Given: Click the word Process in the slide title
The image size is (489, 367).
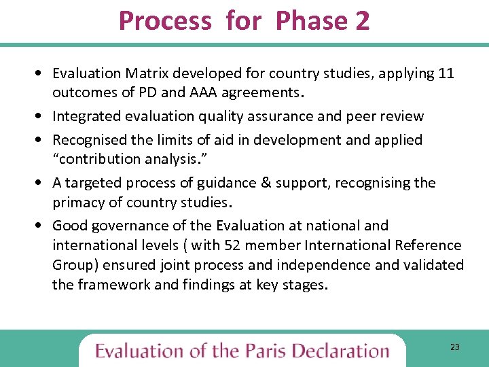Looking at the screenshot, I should [x=165, y=21].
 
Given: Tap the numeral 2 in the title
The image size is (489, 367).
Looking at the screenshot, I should [x=362, y=21].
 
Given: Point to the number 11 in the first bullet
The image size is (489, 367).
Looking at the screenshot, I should [x=446, y=73].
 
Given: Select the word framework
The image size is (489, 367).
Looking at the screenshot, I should [x=113, y=284].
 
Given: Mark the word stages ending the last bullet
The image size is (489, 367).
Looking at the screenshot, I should [x=304, y=284].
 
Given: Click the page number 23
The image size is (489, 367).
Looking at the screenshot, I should [x=454, y=347].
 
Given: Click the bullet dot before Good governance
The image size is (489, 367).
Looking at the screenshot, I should [x=43, y=226].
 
